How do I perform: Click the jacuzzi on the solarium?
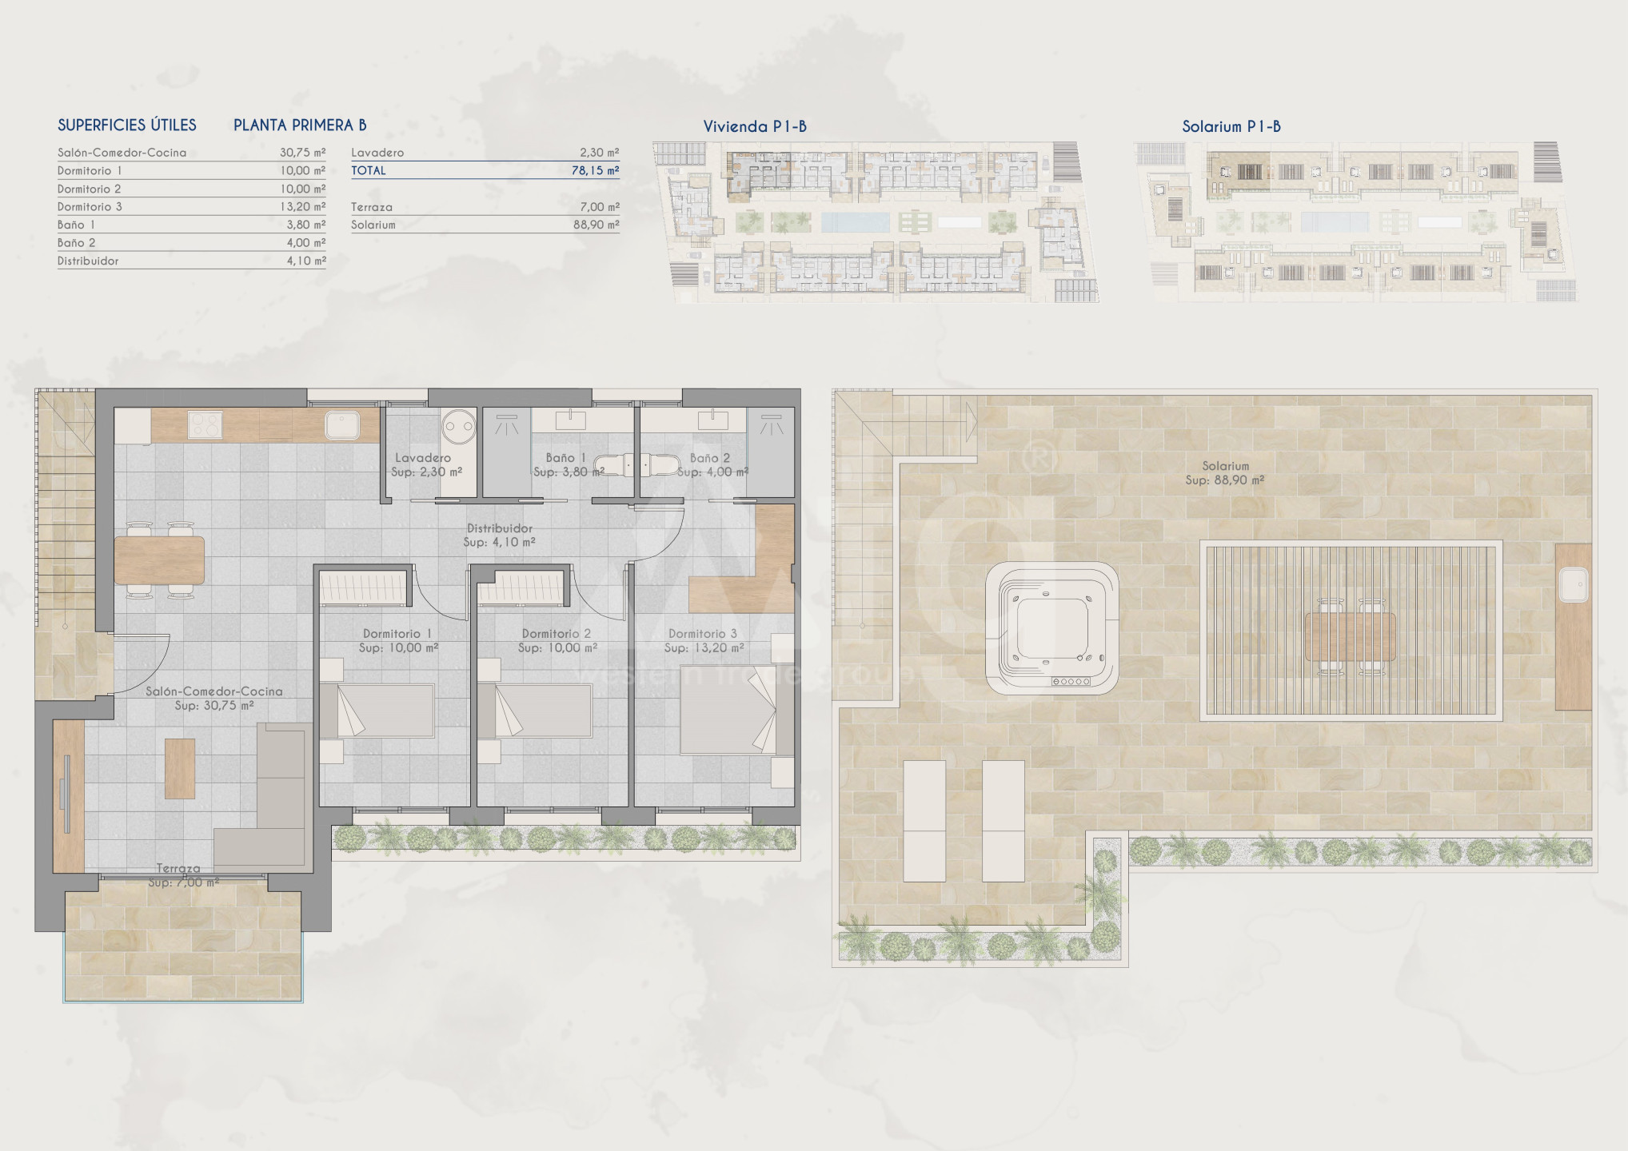pyautogui.click(x=1051, y=627)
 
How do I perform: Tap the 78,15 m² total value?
pyautogui.click(x=597, y=170)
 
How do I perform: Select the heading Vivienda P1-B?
pyautogui.click(x=755, y=126)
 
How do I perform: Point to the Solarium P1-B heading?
pyautogui.click(x=1231, y=126)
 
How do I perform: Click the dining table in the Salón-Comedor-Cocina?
pyautogui.click(x=160, y=560)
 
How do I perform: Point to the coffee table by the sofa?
pyautogui.click(x=180, y=768)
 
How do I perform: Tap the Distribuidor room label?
pyautogui.click(x=500, y=528)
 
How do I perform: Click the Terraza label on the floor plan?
pyautogui.click(x=178, y=868)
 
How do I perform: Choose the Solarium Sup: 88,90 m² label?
pyautogui.click(x=1225, y=473)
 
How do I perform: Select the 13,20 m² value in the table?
pyautogui.click(x=303, y=206)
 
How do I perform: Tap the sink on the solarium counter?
pyautogui.click(x=1574, y=584)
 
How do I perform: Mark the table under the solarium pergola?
pyautogui.click(x=1351, y=636)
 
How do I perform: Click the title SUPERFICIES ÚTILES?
pyautogui.click(x=127, y=125)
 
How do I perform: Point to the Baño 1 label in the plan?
pyautogui.click(x=566, y=458)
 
